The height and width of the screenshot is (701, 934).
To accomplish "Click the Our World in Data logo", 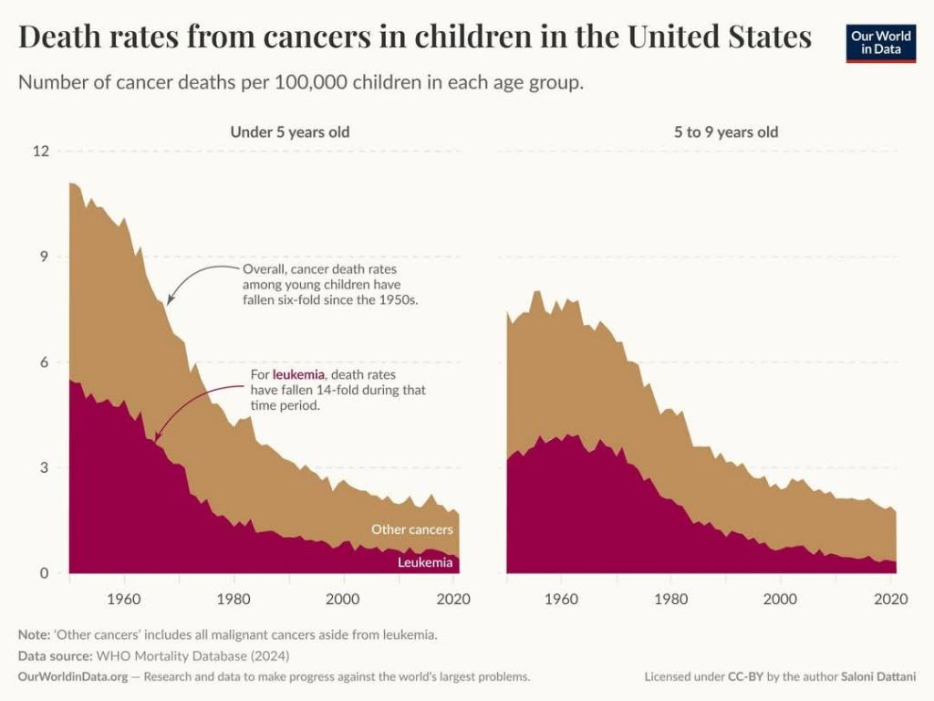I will click(880, 42).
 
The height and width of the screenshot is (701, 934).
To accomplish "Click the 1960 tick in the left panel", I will click(123, 600).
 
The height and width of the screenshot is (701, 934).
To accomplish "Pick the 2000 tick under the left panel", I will click(343, 600).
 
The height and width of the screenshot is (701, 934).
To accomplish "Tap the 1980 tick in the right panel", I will click(670, 600).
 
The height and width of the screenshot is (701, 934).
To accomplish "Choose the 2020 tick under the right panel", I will click(889, 600).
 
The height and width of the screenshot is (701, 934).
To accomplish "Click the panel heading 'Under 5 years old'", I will click(289, 131).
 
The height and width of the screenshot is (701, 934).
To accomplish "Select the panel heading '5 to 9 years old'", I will click(726, 131).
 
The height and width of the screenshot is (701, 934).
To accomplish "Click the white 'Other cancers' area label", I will click(411, 529).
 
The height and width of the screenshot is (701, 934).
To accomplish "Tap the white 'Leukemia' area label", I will click(425, 562).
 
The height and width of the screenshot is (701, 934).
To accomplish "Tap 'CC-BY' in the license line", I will click(743, 677).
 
